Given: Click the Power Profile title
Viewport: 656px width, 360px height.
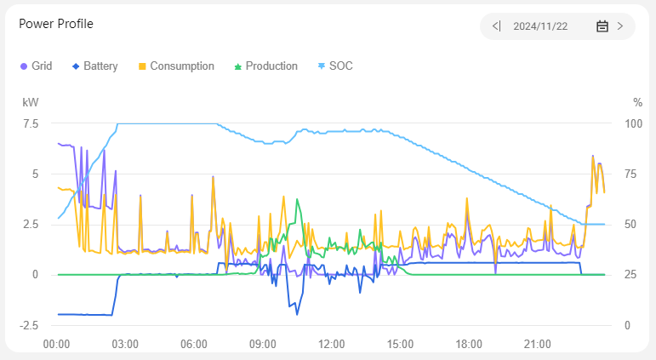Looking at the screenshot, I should point(56,24).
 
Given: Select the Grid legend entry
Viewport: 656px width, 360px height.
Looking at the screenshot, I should point(36,66).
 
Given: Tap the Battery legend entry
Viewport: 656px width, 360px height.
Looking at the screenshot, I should point(94,66).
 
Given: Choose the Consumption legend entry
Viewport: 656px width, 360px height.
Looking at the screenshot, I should point(176,66).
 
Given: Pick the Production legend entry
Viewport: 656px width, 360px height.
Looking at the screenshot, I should point(265,66).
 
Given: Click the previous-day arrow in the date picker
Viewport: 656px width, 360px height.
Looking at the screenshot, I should point(497,26).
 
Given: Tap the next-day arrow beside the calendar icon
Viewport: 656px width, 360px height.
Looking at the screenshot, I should point(620,26).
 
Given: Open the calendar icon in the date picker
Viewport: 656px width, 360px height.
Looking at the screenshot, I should point(602,26).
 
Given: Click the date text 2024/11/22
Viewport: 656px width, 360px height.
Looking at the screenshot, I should point(540,26).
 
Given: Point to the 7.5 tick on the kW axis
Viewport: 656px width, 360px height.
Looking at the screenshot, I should point(30,123).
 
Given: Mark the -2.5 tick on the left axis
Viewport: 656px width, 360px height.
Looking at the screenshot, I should point(29,325).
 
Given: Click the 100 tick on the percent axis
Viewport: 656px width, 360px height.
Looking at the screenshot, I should point(633,123).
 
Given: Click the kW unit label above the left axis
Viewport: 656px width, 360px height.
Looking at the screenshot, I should point(30,102).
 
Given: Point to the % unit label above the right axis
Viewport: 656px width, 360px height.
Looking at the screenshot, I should point(637,102).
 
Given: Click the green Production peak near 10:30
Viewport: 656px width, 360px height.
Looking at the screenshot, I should point(297,199).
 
